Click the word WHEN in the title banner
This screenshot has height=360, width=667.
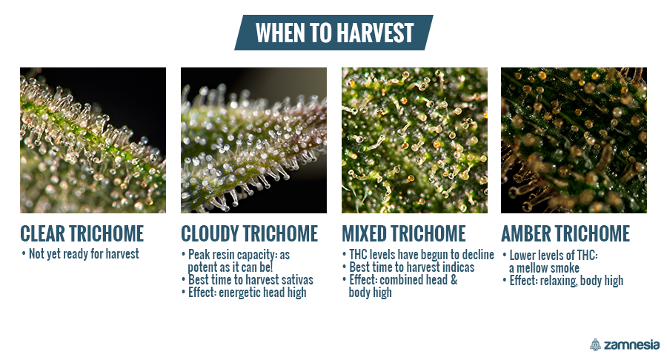tap(280, 33)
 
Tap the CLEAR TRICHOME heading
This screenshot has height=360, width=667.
tap(82, 233)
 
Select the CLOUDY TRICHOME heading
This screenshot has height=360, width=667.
tap(249, 233)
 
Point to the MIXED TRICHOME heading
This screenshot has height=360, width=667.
tap(404, 233)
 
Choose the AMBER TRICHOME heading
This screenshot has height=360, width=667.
tap(565, 233)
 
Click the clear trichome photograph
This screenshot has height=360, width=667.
tap(93, 140)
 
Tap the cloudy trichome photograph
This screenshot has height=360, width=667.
tap(254, 140)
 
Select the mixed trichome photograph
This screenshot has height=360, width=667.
tap(415, 140)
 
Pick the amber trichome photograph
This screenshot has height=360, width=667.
tap(574, 140)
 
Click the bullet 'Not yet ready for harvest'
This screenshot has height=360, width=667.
tap(80, 254)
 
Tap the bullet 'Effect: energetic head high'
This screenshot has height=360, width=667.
tap(244, 293)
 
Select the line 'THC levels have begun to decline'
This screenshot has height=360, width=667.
tap(418, 255)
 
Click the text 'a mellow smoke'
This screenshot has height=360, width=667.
tap(544, 268)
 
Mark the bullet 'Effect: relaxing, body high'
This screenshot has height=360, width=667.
tap(563, 281)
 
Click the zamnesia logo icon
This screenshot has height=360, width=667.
tap(596, 344)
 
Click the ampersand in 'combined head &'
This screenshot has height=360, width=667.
tap(454, 280)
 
